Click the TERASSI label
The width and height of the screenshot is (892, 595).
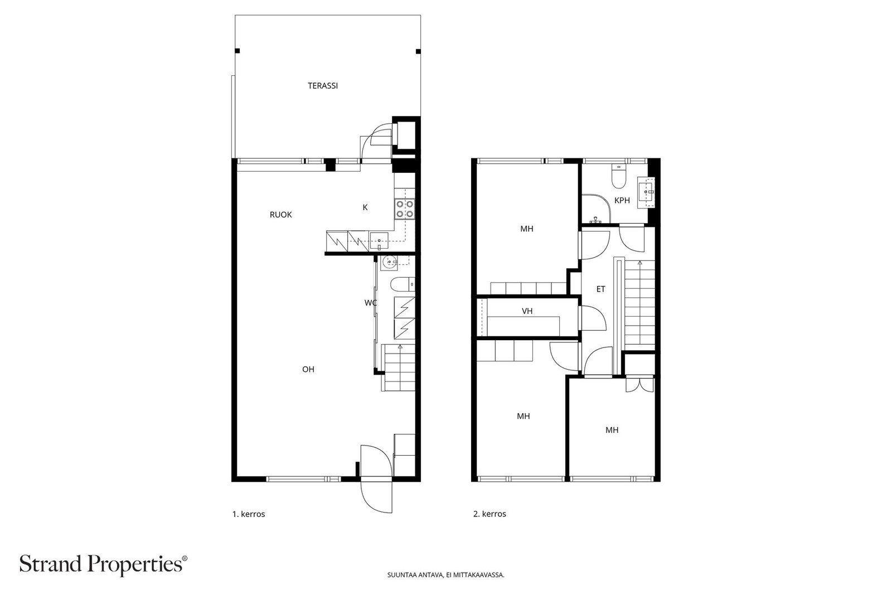(323, 86)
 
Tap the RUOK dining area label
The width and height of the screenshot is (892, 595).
(281, 215)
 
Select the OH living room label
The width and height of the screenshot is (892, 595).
(308, 369)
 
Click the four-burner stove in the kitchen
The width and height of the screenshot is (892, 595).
(405, 209)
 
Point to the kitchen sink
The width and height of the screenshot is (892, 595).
(379, 241)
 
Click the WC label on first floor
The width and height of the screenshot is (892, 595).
(370, 303)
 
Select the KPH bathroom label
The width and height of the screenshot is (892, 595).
(622, 200)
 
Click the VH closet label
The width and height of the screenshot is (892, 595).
(527, 311)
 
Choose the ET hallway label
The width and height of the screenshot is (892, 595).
(600, 289)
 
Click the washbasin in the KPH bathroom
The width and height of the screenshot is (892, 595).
(646, 193)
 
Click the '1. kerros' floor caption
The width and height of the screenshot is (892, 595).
(249, 514)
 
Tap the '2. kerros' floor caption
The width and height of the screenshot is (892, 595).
(489, 514)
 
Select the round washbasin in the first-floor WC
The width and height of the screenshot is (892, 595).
(388, 262)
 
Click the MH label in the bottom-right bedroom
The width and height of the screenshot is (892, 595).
(612, 430)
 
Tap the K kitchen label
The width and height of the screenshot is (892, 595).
(365, 207)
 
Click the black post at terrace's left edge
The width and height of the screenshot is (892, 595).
(237, 51)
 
